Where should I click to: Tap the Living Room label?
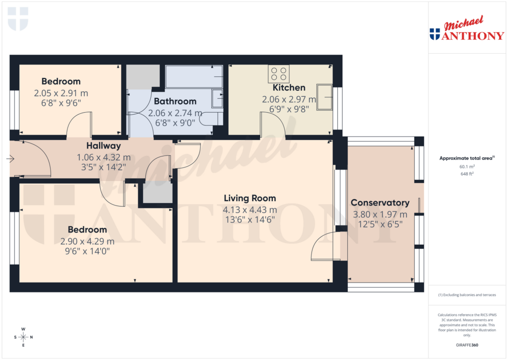pyautogui.click(x=249, y=198)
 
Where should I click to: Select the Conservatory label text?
pyautogui.click(x=380, y=203)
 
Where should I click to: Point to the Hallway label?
pyautogui.click(x=104, y=146)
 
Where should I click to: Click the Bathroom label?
pyautogui.click(x=175, y=101)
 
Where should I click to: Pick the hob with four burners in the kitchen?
pyautogui.click(x=279, y=74)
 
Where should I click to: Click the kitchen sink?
pyautogui.click(x=325, y=97)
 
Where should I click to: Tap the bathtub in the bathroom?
pyautogui.click(x=193, y=76)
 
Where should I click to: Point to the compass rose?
pyautogui.click(x=23, y=337)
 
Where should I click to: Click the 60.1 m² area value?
pyautogui.click(x=466, y=167)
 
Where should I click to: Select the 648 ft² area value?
pyautogui.click(x=466, y=174)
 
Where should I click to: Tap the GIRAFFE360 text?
pyautogui.click(x=467, y=345)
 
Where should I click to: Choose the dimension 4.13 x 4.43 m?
pyautogui.click(x=249, y=209)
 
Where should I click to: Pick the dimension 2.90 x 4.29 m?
pyautogui.click(x=87, y=241)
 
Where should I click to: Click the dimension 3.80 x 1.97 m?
pyautogui.click(x=380, y=215)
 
